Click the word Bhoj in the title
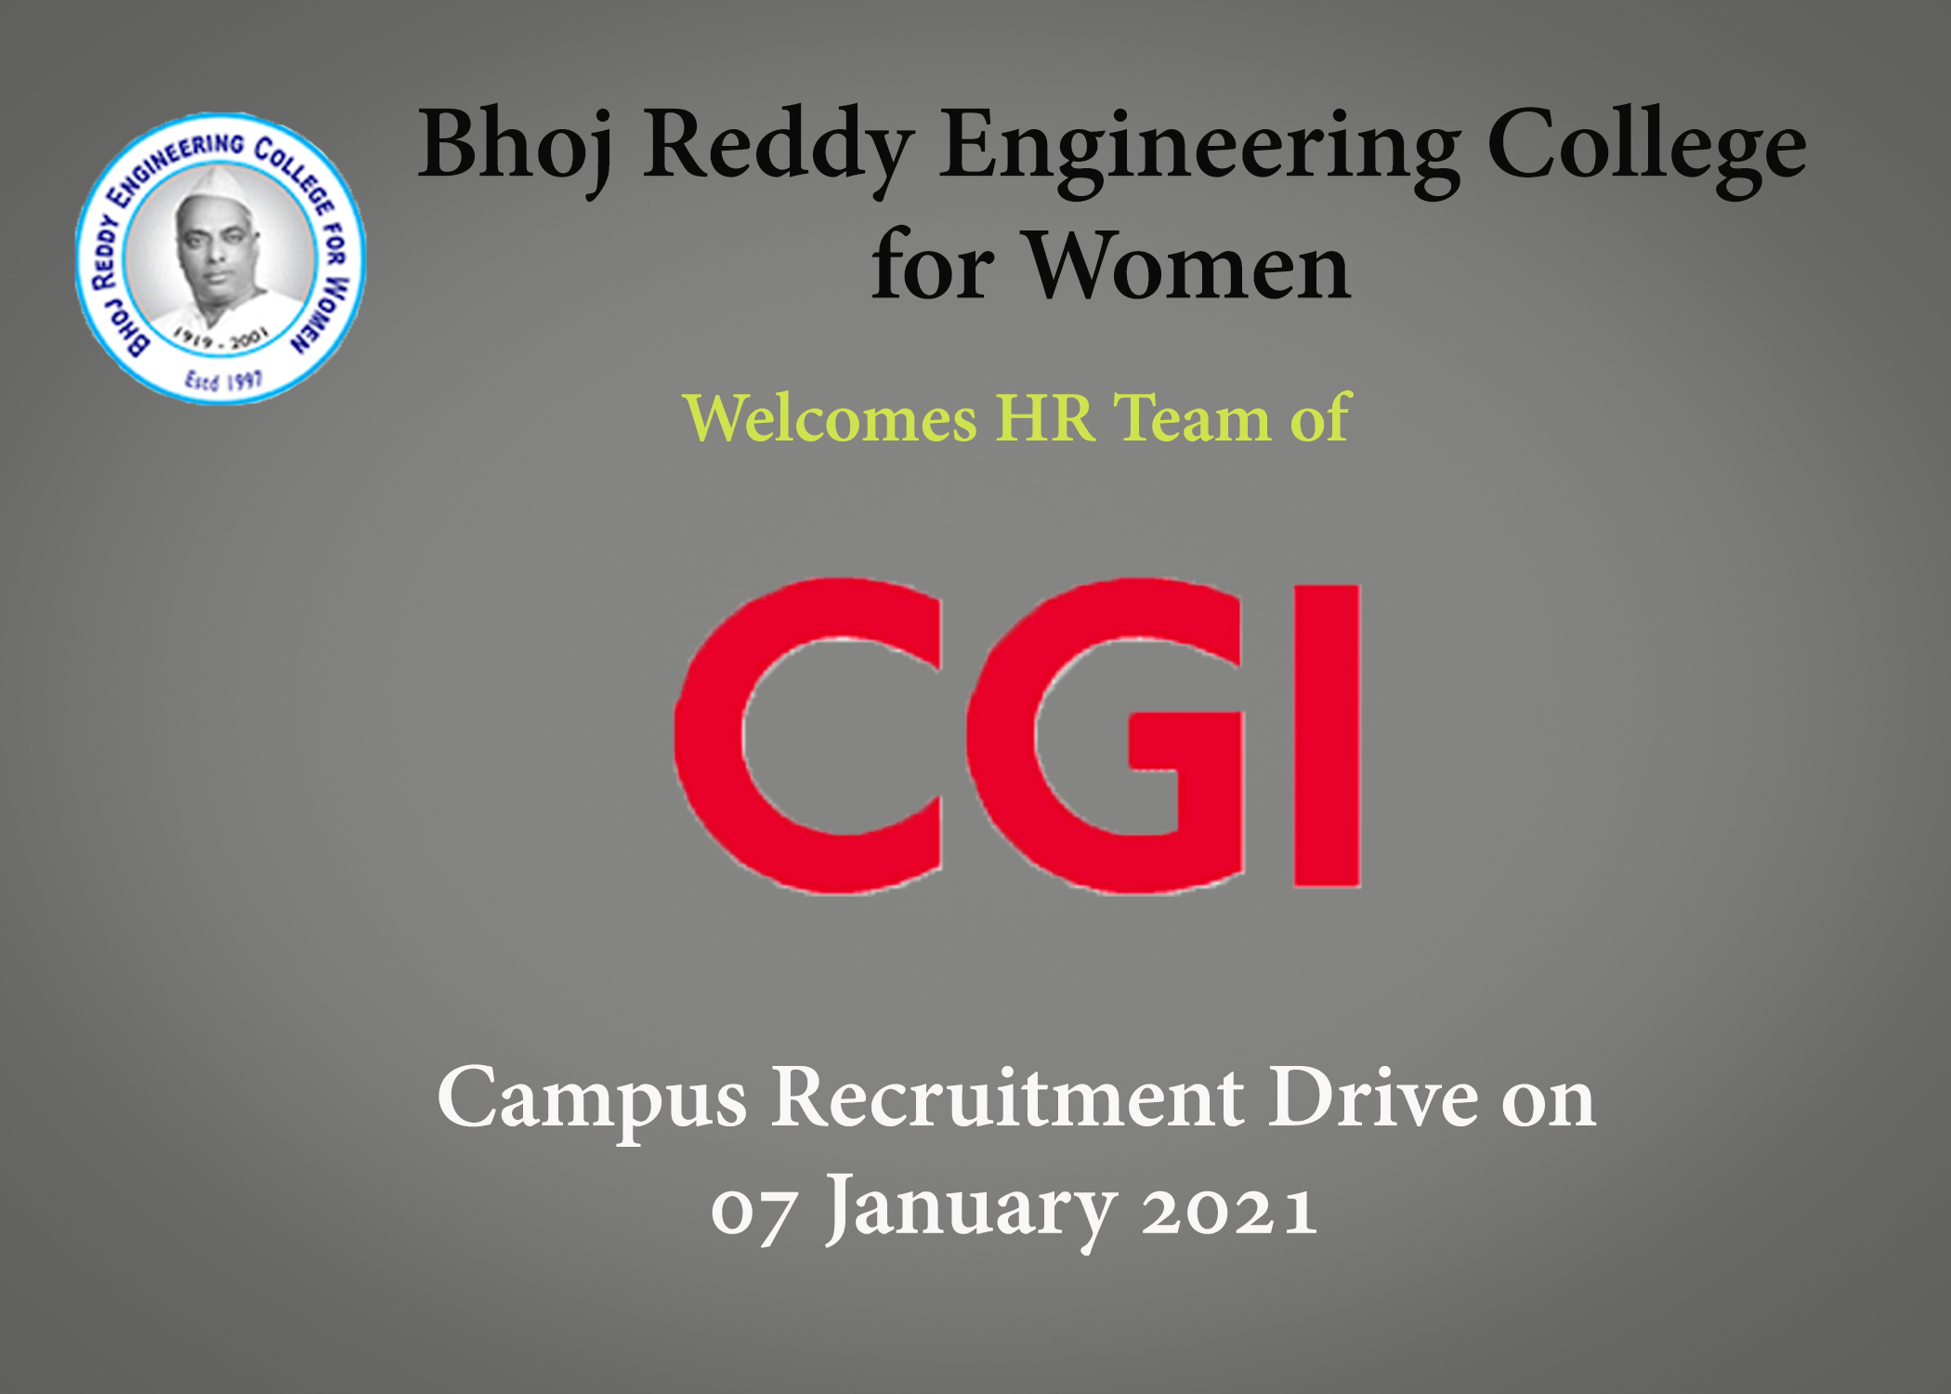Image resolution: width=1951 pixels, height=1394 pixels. (516, 149)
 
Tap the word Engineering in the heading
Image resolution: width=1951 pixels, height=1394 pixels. (1199, 149)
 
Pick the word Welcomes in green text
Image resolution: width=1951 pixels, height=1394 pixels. (830, 418)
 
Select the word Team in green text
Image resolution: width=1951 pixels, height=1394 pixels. (1192, 419)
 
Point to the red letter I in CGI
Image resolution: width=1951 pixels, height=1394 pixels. (1328, 736)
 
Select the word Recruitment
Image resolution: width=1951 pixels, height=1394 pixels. (1008, 1098)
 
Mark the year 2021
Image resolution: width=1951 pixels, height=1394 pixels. (1229, 1211)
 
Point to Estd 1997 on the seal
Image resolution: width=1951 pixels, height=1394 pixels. (223, 380)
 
